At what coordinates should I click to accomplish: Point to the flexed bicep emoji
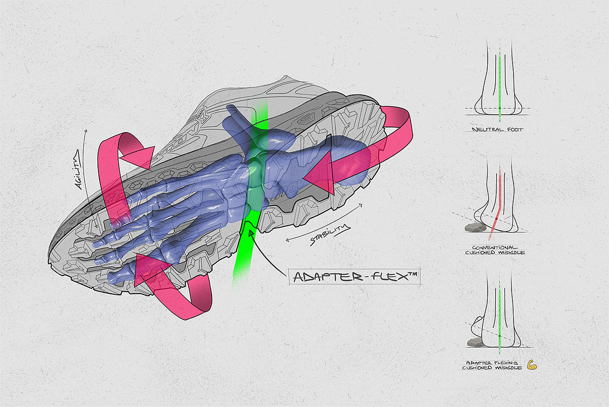coord(531,364)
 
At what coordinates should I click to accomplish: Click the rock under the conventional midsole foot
coord(474,227)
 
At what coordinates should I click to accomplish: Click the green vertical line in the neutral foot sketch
coord(500,81)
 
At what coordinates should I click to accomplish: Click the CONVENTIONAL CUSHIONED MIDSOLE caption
coord(495,249)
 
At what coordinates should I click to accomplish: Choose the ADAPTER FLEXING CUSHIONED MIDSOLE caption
coord(492,364)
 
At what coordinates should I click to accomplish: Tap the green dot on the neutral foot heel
coord(500,109)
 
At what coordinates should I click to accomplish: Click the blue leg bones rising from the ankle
coord(239,119)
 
